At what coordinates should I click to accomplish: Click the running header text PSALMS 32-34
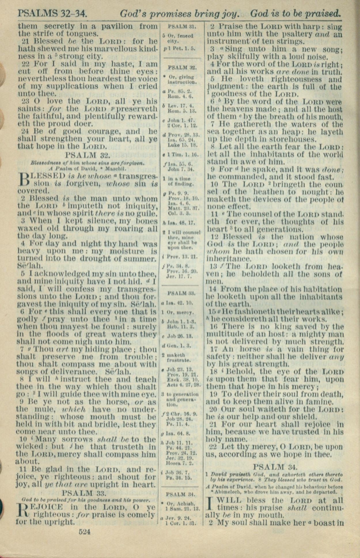click(x=53, y=13)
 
